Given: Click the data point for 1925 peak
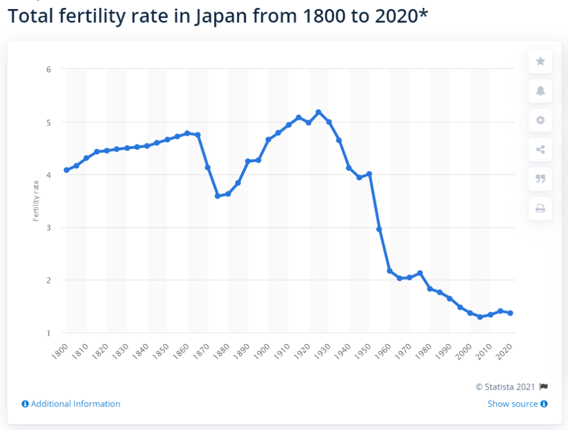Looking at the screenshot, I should coord(319,112).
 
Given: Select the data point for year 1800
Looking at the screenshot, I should coord(66,170).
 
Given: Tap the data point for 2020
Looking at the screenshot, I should coord(511,313).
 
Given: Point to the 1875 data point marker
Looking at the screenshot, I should coord(218,196).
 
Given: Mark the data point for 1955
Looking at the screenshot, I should coord(379,229).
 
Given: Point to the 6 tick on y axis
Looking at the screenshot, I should coord(49,69).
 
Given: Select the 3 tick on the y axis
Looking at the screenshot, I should coord(49,228).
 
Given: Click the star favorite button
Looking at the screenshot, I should coord(540,61).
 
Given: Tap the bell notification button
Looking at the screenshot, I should coord(540,91).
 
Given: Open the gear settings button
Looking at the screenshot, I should coord(540,120).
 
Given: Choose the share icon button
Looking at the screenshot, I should coord(540,150).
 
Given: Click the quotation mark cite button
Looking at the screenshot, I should coord(540,179).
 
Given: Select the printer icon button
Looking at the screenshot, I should coord(540,209).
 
